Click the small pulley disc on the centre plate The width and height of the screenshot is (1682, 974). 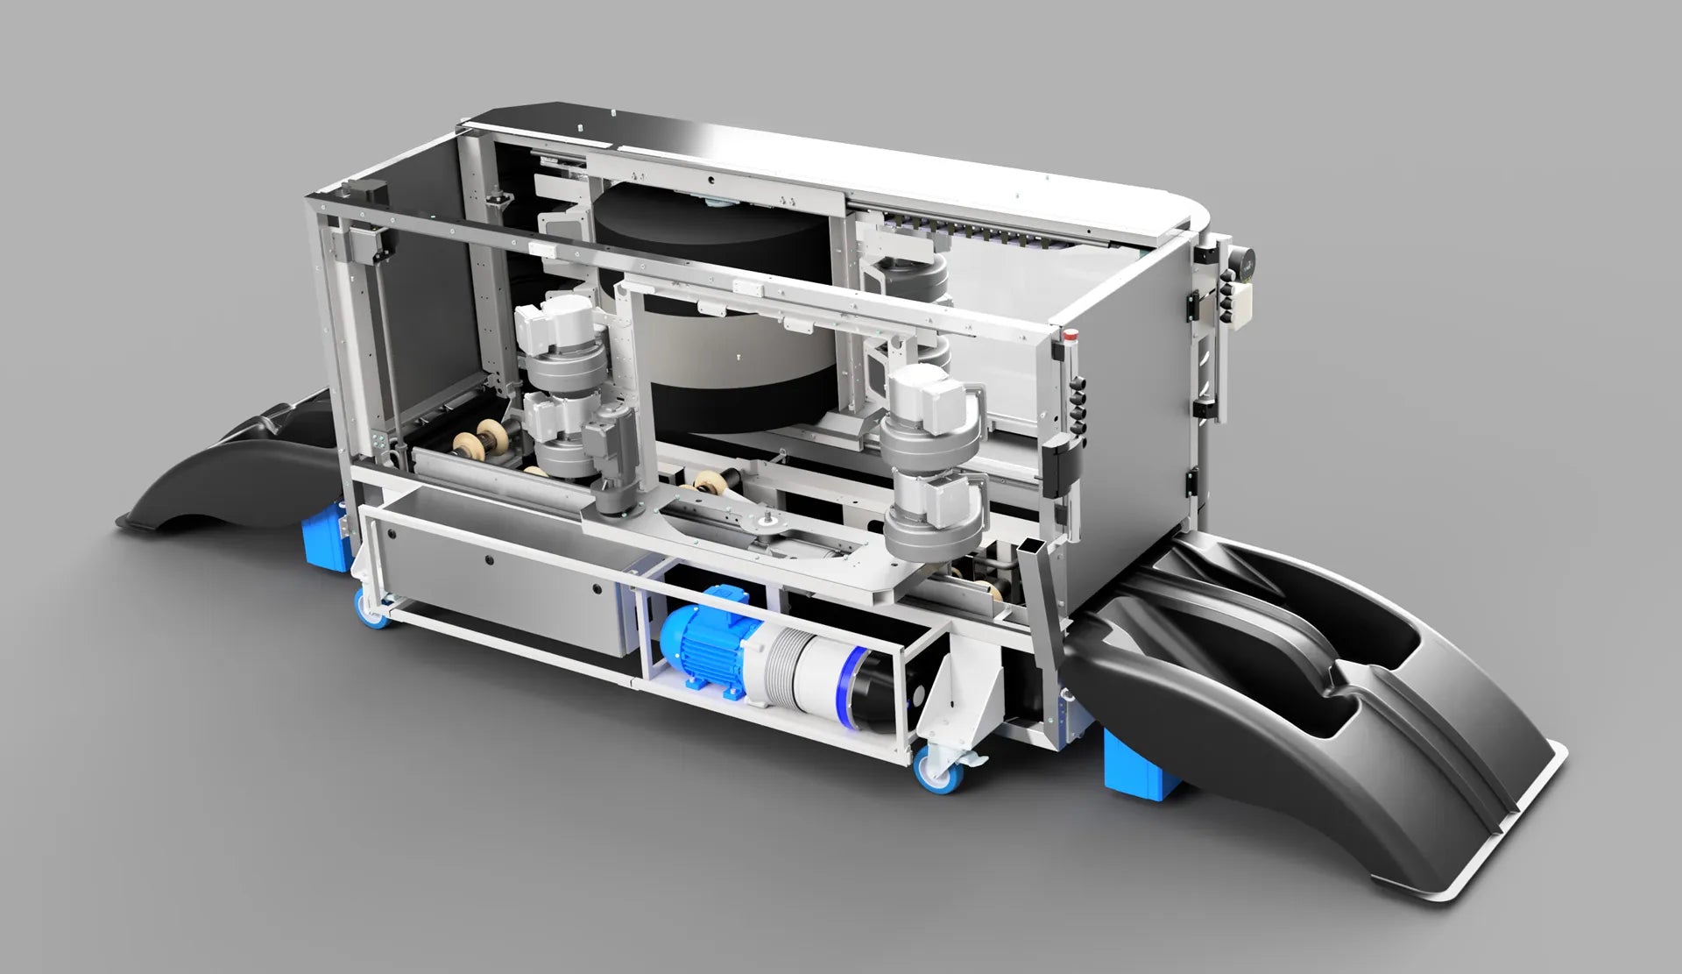click(x=768, y=523)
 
